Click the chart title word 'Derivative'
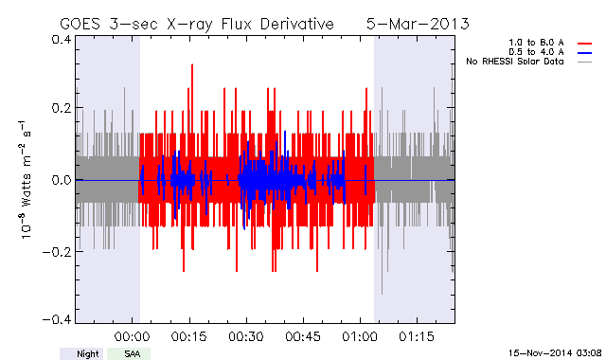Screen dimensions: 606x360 296,24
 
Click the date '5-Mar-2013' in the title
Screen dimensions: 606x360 418,24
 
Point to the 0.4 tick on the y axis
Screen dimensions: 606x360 62,40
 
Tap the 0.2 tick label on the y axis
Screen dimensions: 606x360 62,108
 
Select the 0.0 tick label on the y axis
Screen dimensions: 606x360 62,180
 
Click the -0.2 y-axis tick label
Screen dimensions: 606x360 57,252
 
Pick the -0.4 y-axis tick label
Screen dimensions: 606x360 57,319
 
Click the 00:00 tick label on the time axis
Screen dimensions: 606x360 133,336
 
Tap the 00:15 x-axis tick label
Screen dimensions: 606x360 189,336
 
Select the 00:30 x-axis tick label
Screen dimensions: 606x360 246,336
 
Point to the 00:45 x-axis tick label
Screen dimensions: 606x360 303,336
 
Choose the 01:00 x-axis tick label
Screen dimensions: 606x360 360,336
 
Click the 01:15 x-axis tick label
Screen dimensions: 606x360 417,336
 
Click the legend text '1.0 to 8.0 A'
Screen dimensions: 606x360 536,43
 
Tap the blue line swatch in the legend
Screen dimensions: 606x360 585,53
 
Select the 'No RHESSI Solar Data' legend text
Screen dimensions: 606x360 515,62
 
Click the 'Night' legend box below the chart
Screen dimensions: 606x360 81,353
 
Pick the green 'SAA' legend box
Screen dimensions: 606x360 129,353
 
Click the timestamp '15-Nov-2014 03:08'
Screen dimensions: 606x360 555,353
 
